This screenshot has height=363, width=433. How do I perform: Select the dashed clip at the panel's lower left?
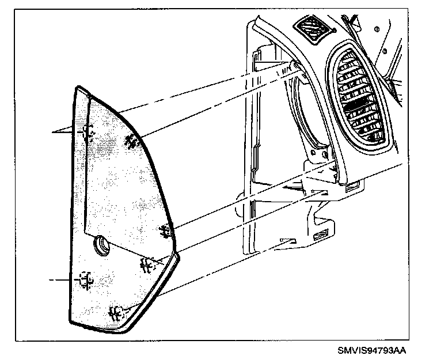pyautogui.click(x=86, y=280)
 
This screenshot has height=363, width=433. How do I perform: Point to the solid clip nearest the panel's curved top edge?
pyautogui.click(x=131, y=140)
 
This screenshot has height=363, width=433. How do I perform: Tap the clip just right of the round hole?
pyautogui.click(x=146, y=264)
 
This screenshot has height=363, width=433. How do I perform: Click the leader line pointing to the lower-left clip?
pyautogui.click(x=60, y=280)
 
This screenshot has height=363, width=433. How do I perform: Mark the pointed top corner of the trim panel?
pyautogui.click(x=78, y=88)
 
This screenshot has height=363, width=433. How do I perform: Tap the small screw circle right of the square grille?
pyautogui.click(x=375, y=29)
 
